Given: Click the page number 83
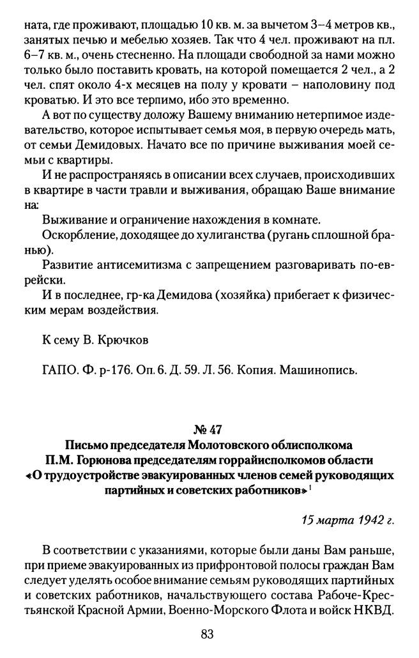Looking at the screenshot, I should (x=206, y=634).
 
